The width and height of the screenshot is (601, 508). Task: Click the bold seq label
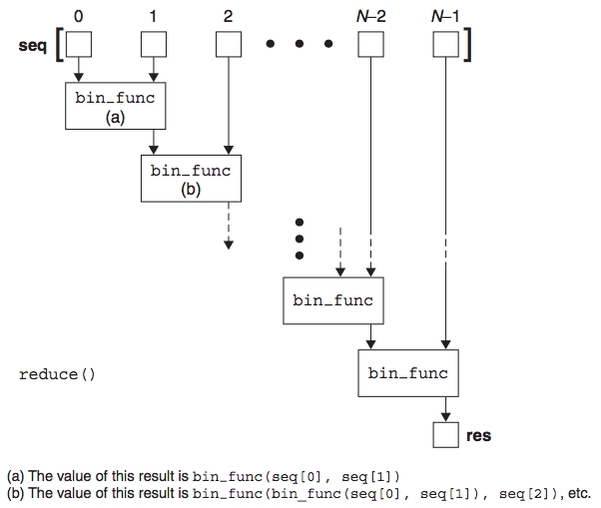pyautogui.click(x=33, y=47)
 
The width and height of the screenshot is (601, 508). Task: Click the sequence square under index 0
pyautogui.click(x=79, y=45)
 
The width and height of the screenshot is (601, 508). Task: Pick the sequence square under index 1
pyautogui.click(x=153, y=45)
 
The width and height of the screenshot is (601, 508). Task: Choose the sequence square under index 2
pyautogui.click(x=229, y=45)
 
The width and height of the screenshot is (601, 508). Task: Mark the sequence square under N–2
pyautogui.click(x=370, y=45)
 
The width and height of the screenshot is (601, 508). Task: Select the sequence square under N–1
pyautogui.click(x=445, y=45)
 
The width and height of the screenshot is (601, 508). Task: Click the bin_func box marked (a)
pyautogui.click(x=115, y=107)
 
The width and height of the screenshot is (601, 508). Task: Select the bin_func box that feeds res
pyautogui.click(x=408, y=373)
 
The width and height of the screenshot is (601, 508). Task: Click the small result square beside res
pyautogui.click(x=445, y=435)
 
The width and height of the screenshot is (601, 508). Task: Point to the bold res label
pyautogui.click(x=478, y=436)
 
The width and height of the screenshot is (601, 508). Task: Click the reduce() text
pyautogui.click(x=57, y=374)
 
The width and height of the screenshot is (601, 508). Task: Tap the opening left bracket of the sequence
pyautogui.click(x=60, y=46)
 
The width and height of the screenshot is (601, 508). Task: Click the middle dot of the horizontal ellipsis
pyautogui.click(x=300, y=45)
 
